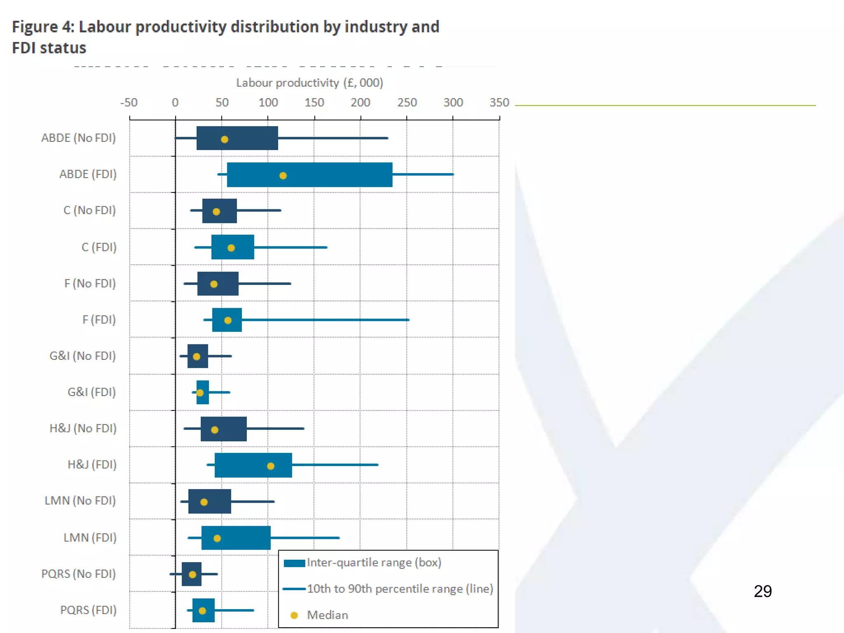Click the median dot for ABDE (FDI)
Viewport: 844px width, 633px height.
tap(283, 176)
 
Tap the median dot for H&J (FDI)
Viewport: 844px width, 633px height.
tap(271, 466)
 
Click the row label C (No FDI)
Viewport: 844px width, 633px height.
tap(89, 211)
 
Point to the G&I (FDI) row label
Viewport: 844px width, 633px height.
tap(91, 392)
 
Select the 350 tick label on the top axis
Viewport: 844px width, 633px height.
tap(499, 103)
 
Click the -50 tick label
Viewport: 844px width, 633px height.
tap(129, 103)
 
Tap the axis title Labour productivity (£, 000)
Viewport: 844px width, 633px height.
tap(309, 83)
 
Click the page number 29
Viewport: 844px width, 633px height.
tap(762, 591)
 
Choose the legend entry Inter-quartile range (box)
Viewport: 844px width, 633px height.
tap(374, 563)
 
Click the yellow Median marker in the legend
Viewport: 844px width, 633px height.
tap(294, 615)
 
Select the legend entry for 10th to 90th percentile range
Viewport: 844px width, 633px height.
tap(400, 589)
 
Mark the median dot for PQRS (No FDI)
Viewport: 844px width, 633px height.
tap(192, 574)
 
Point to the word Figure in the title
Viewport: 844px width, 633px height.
tap(35, 27)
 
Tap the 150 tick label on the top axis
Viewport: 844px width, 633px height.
tap(314, 103)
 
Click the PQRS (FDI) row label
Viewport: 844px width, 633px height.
tap(88, 610)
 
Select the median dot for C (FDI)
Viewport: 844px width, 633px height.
tap(231, 248)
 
